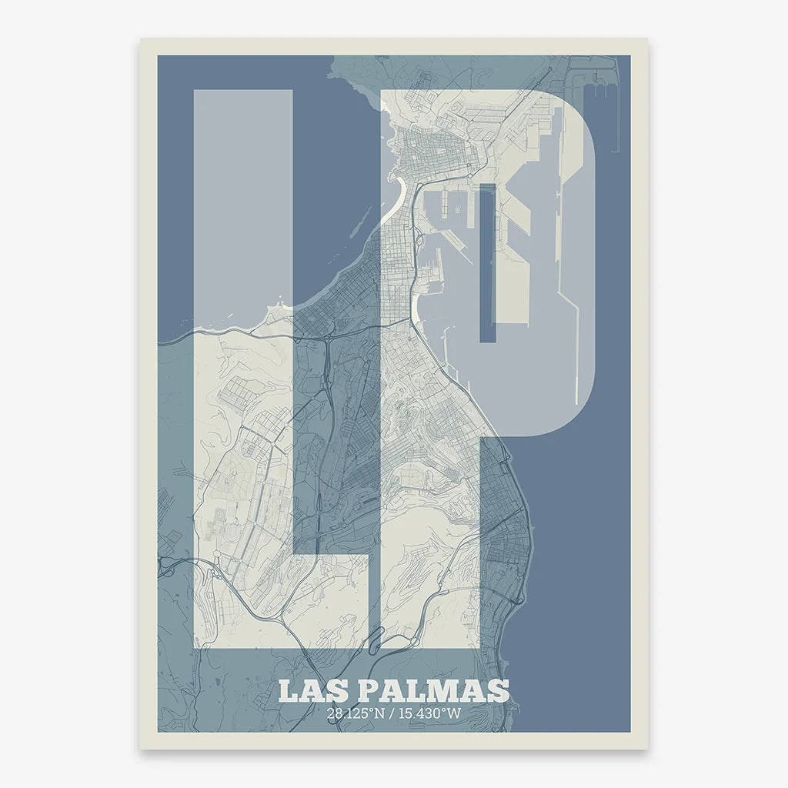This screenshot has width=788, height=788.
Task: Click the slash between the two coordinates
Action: (392, 713)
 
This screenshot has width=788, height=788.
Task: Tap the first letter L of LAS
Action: (287, 690)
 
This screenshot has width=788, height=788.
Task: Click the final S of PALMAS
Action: (499, 690)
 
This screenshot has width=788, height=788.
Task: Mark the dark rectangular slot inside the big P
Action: (487, 262)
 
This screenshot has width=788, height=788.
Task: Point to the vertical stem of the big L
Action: (242, 323)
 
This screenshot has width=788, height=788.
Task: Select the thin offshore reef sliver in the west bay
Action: (356, 221)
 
